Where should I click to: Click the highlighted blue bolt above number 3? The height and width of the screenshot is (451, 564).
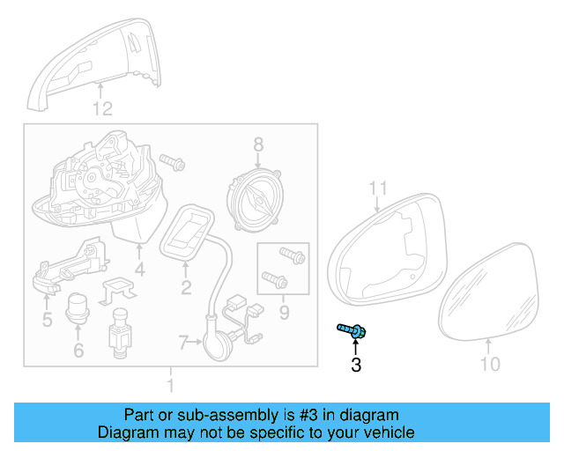(352, 331)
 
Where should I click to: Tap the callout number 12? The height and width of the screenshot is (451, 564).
(103, 109)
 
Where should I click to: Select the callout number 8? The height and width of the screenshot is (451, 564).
(258, 144)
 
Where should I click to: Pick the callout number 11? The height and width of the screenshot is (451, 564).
(378, 188)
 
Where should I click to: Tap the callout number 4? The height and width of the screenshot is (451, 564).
(139, 269)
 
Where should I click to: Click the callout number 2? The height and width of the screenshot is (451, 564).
(186, 287)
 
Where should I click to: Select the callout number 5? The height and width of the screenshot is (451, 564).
(48, 319)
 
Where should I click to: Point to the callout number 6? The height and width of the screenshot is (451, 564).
(78, 351)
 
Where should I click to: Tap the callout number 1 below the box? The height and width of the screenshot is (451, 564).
(170, 386)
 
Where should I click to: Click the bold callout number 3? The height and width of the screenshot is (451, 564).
(356, 366)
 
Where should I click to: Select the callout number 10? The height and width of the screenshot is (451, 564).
(490, 364)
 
